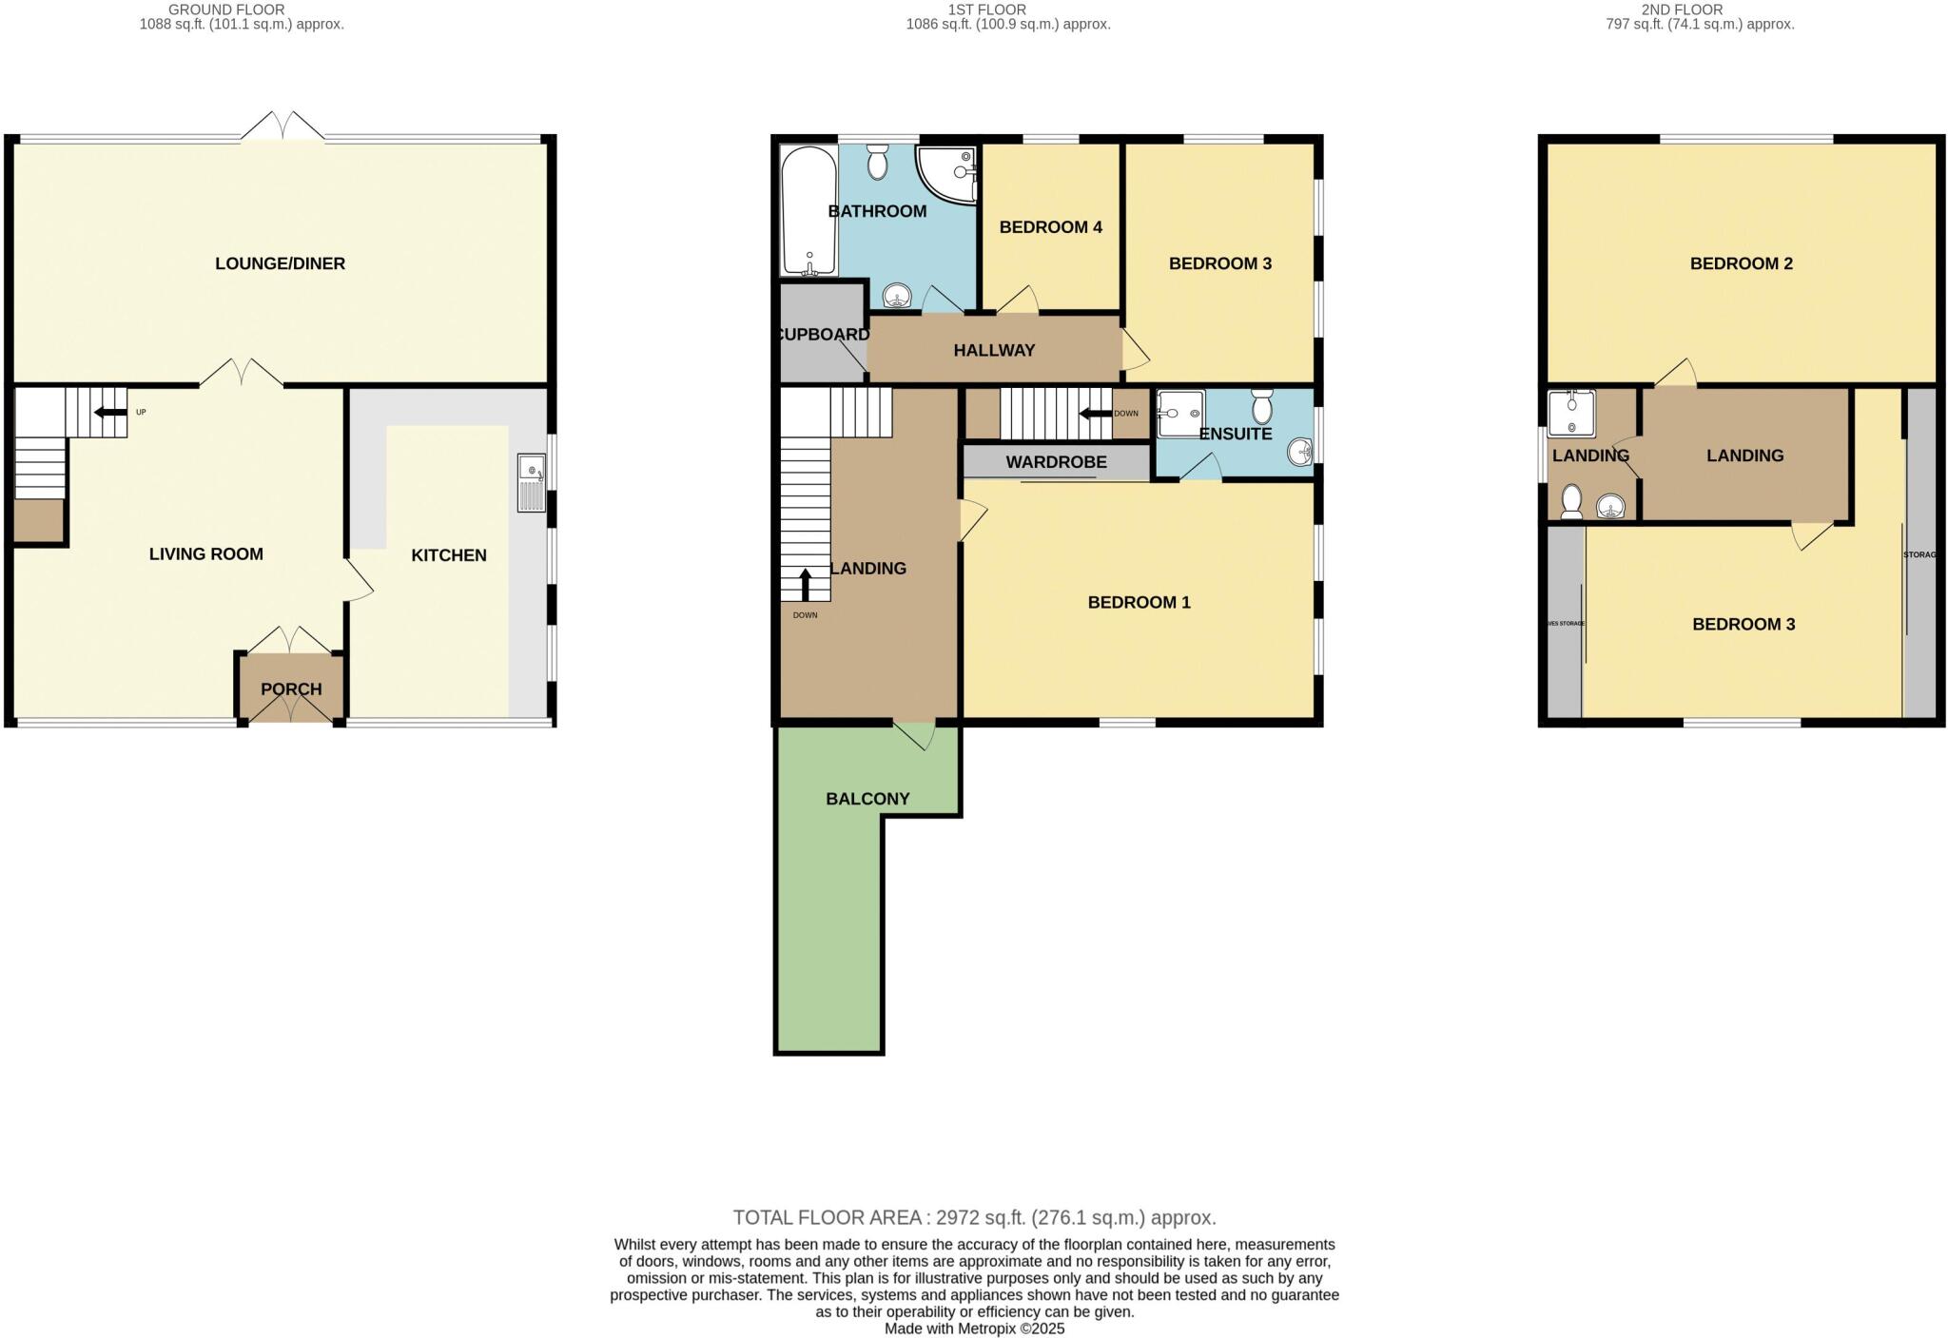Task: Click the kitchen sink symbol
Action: [x=532, y=483]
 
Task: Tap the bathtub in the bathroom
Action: [x=808, y=210]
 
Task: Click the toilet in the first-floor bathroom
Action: [x=877, y=163]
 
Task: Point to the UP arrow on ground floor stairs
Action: [x=110, y=412]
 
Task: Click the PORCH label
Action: [x=291, y=688]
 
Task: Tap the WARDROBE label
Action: [x=1056, y=462]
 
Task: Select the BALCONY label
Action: [x=867, y=799]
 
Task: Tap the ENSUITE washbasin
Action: [x=1300, y=452]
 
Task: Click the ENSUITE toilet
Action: [x=1262, y=407]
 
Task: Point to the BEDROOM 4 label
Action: [x=1050, y=227]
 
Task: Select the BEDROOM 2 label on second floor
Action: [x=1741, y=263]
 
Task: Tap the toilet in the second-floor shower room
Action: [x=1571, y=500]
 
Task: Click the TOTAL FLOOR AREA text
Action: [x=974, y=1217]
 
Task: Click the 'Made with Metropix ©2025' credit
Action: [x=974, y=1328]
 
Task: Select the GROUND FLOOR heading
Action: [x=226, y=10]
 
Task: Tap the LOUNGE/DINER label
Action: [x=280, y=263]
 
